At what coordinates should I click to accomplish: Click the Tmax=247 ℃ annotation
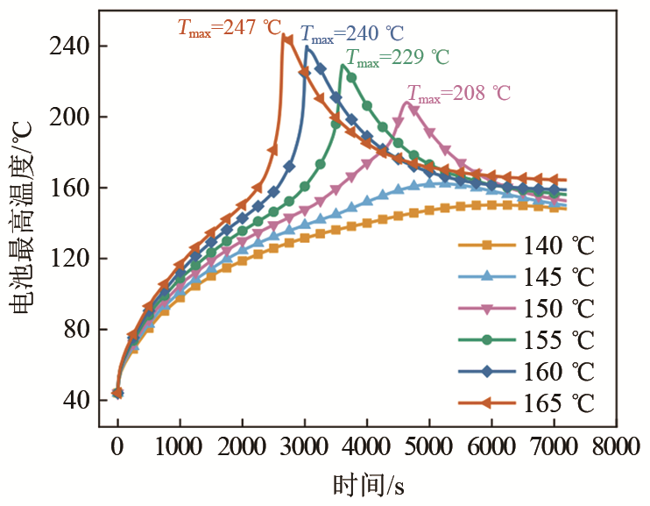point(230,27)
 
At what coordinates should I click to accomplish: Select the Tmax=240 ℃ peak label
point(352,34)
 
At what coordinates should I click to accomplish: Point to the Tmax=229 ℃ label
point(398,58)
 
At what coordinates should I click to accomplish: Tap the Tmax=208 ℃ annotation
point(458,93)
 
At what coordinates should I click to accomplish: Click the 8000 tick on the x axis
point(615,448)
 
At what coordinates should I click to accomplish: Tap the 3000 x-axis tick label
point(304,448)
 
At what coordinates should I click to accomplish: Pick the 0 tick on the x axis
point(117,448)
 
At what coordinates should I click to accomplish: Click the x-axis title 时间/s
point(368,485)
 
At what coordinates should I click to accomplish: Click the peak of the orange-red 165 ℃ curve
point(285,36)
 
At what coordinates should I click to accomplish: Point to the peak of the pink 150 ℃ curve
point(407,103)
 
